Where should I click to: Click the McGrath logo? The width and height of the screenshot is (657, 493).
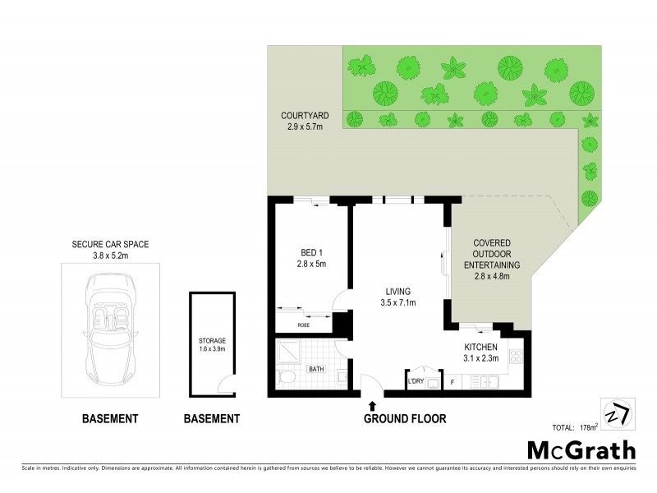[581, 449]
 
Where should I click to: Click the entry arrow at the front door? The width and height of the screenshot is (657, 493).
[372, 405]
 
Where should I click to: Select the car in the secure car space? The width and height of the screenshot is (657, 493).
[110, 325]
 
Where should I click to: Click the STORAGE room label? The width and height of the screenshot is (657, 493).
[211, 344]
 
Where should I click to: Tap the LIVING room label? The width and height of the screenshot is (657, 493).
[399, 297]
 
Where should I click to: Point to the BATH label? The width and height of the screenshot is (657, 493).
[316, 370]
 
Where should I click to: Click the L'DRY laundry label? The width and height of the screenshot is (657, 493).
[416, 381]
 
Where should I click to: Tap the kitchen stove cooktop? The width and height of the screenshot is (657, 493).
[515, 357]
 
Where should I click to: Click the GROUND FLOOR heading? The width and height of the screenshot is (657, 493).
[405, 419]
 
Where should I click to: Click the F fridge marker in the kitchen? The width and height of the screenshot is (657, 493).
[452, 382]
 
